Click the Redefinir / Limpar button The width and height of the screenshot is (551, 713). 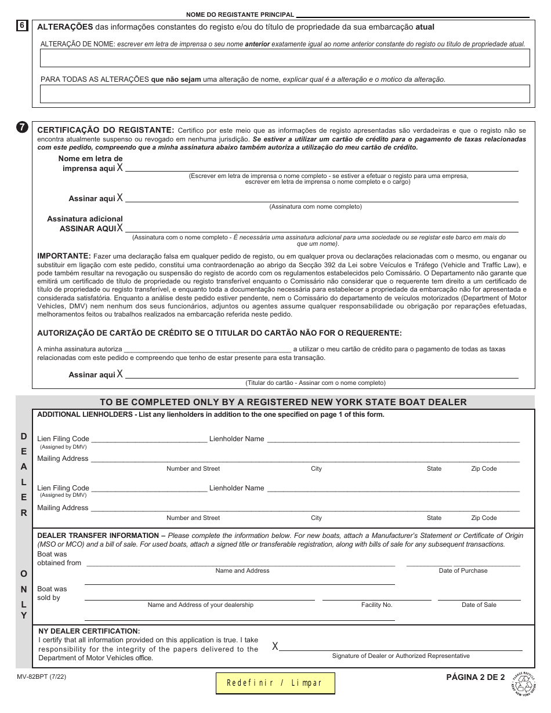coord(275,683)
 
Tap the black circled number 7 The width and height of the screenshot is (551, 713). coord(22,128)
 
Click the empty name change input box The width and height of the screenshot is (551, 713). coord(284,58)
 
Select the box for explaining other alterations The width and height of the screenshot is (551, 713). coord(284,94)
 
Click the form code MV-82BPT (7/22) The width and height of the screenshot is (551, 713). coord(42,676)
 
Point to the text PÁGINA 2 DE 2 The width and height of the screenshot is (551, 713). coord(475,676)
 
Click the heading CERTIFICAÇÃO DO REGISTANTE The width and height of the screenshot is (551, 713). coord(105,130)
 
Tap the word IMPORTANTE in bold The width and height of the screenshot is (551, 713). coord(64,256)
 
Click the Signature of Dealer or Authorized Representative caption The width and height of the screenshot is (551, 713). coord(401,656)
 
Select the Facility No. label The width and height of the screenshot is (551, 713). coord(376,605)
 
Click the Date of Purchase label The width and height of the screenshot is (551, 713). coord(463,570)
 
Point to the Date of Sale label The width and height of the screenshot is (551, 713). coord(478,605)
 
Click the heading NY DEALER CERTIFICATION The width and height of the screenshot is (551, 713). coord(89,631)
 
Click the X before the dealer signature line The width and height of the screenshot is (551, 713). coord(275,646)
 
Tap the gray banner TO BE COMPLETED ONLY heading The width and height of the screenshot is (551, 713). coord(283,402)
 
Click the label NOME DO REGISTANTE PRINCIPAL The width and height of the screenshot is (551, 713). coord(240,14)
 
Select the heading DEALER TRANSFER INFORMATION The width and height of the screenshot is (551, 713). coord(98,535)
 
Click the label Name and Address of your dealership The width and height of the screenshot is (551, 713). coord(200,605)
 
